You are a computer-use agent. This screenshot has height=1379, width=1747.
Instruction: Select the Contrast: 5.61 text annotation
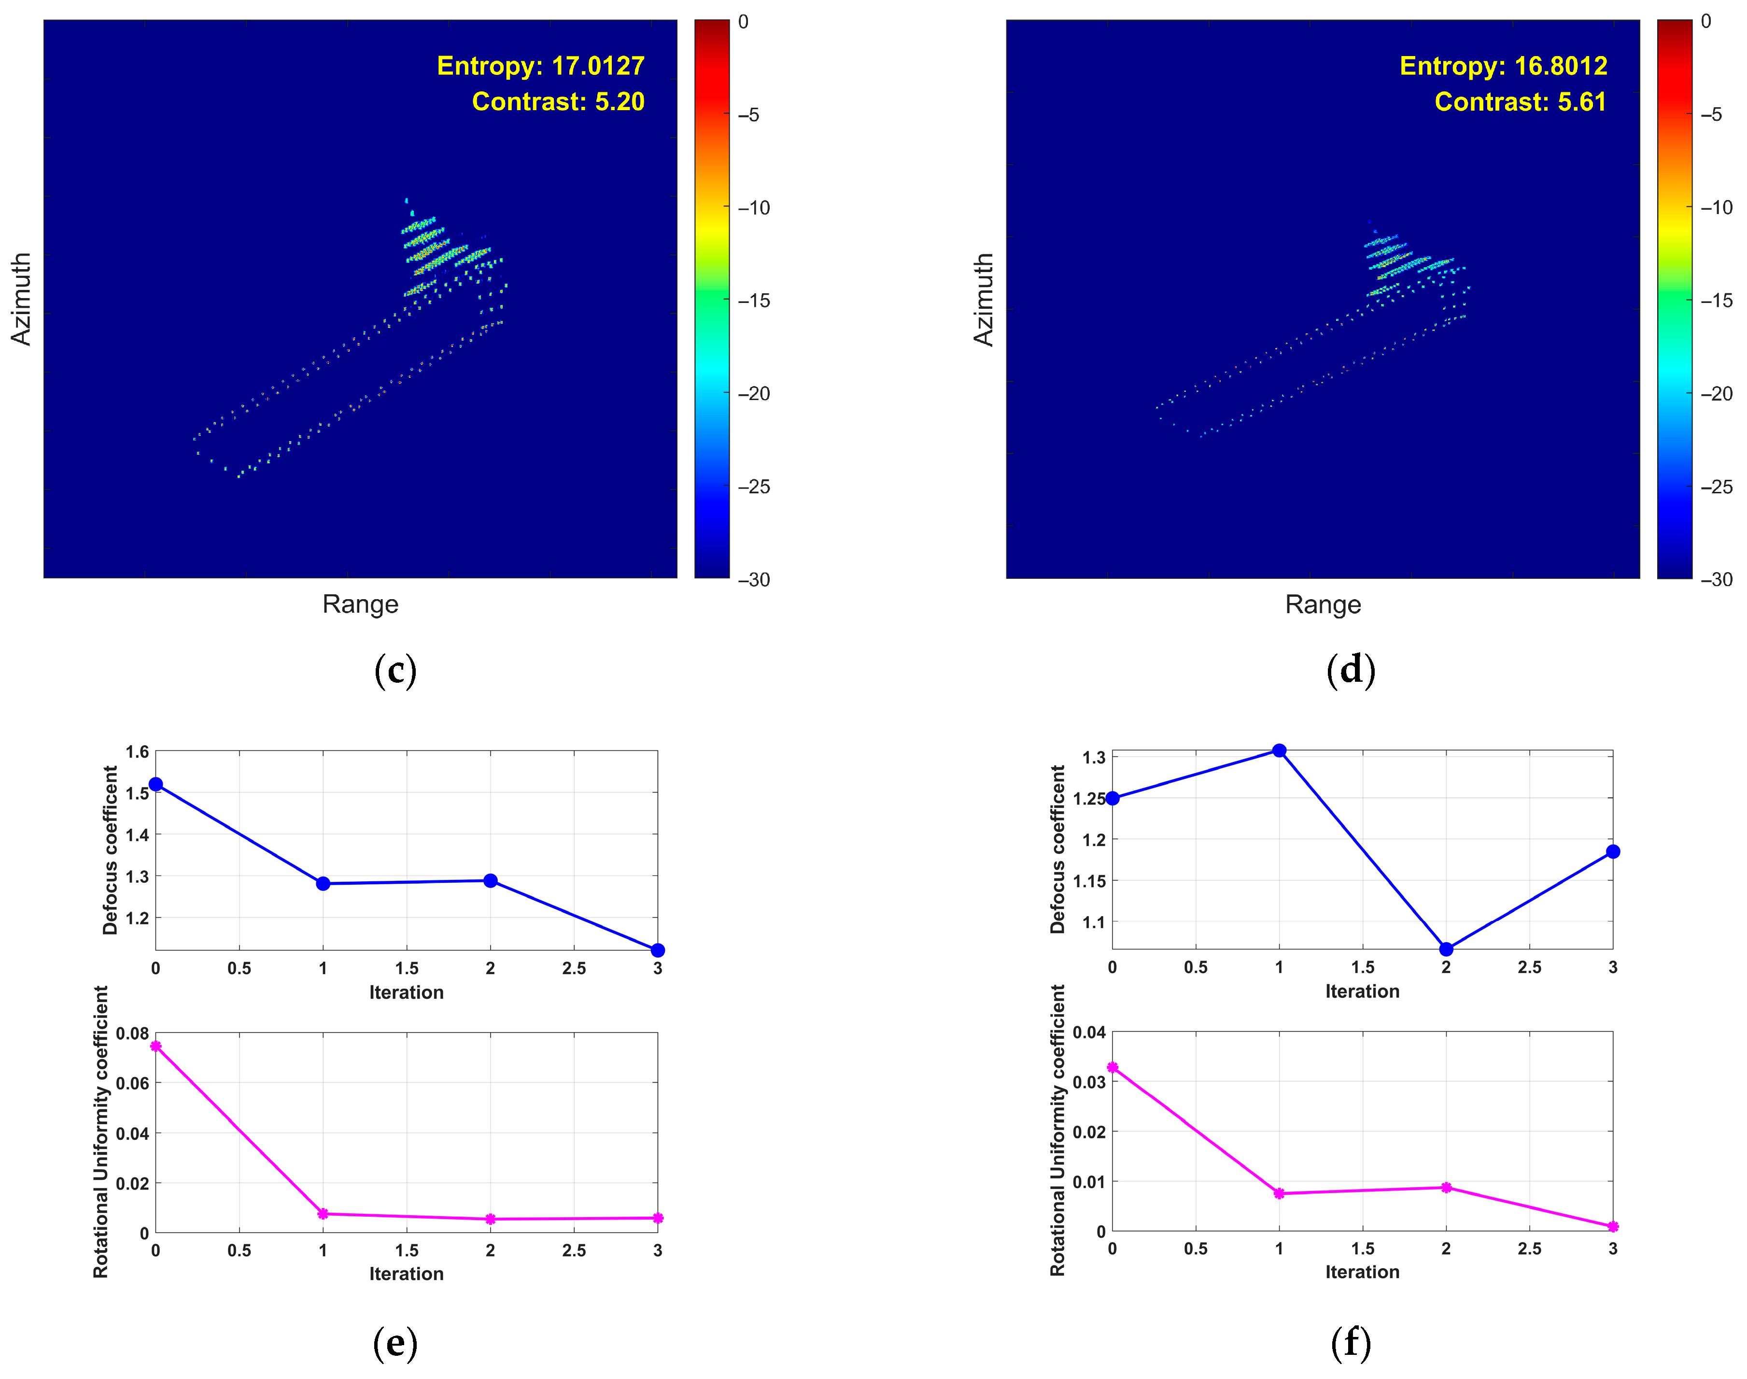click(1520, 102)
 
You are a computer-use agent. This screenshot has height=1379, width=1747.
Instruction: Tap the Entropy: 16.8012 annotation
click(1503, 65)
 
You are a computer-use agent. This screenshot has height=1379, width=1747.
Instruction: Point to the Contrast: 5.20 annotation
click(558, 102)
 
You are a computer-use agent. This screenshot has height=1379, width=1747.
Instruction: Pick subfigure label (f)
click(1350, 1343)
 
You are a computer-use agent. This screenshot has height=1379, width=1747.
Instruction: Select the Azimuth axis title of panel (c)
click(21, 299)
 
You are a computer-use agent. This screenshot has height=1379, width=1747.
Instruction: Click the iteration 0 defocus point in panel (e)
click(156, 784)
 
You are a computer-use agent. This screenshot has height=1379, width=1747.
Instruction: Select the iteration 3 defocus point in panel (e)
click(658, 950)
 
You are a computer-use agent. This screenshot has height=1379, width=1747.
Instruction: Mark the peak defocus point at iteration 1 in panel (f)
click(1279, 751)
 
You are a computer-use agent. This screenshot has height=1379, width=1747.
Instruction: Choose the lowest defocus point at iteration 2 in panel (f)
click(1446, 948)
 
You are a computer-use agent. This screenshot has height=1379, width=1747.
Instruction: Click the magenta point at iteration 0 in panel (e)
click(156, 1047)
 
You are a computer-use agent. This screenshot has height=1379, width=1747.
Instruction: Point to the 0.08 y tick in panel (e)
click(132, 1034)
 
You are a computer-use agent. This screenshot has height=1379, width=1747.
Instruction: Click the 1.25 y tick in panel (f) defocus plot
click(1089, 799)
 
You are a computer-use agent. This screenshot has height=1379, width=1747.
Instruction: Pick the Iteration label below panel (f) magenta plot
click(1362, 1272)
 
